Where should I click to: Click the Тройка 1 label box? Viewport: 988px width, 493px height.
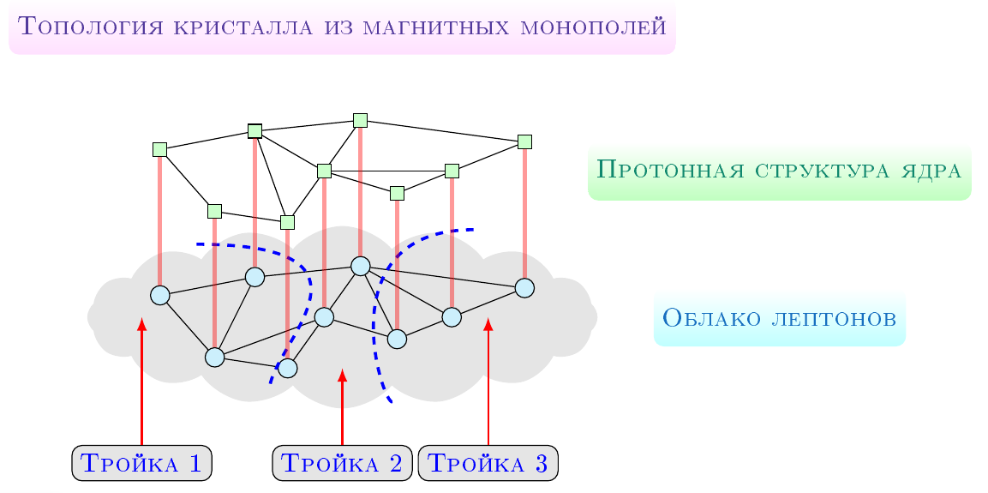click(141, 463)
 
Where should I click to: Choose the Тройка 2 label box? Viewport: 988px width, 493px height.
click(342, 463)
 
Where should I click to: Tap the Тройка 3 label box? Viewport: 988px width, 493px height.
click(488, 463)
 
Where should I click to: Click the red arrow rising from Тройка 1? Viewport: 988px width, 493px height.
click(141, 382)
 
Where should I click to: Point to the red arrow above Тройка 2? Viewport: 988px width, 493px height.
click(342, 407)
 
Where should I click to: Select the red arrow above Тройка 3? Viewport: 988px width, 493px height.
click(488, 382)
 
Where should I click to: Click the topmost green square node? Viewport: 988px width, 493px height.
click(361, 120)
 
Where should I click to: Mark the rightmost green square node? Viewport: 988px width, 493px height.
click(525, 141)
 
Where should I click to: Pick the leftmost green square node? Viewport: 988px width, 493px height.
click(160, 149)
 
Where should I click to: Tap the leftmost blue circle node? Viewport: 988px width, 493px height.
click(160, 295)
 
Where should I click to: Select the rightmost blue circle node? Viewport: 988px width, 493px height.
click(525, 287)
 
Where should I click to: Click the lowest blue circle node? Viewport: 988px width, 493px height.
click(287, 368)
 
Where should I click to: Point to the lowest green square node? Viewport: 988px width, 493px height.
click(287, 222)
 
